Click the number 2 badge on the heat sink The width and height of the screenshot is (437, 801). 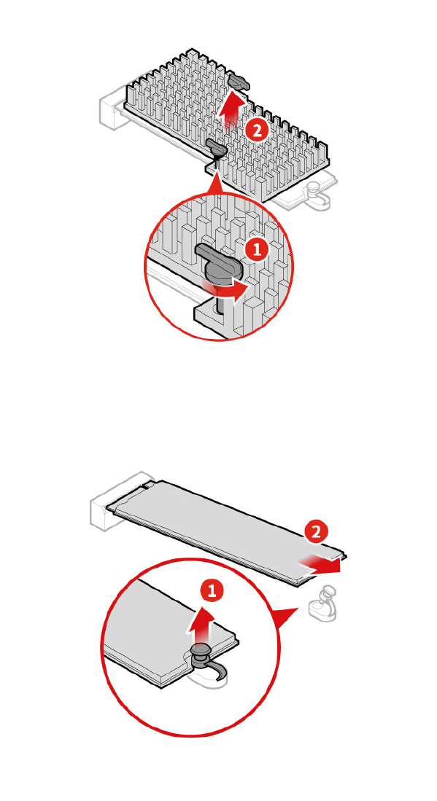[x=256, y=130]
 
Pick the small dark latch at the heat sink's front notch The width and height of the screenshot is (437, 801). [x=217, y=149]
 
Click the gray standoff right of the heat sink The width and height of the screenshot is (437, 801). [x=317, y=195]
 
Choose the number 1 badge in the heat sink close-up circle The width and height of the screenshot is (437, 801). [x=256, y=250]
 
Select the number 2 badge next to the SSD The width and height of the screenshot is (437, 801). [x=316, y=532]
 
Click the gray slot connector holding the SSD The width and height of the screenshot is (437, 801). [x=117, y=503]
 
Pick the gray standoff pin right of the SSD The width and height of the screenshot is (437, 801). [x=323, y=603]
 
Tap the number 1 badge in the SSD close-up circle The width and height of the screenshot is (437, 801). [x=212, y=591]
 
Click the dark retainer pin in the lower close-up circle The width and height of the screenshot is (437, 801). [x=202, y=660]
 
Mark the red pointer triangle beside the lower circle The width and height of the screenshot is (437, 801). [x=285, y=617]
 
